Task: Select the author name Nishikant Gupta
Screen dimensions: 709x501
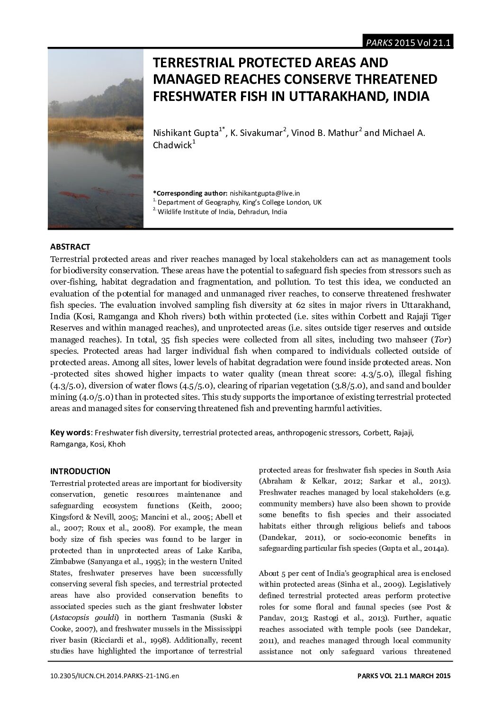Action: point(185,133)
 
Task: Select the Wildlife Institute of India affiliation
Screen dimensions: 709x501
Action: point(222,212)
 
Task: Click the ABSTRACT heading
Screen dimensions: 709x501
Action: point(70,247)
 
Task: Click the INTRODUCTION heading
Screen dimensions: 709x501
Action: point(80,471)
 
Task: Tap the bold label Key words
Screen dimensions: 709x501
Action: point(71,432)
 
